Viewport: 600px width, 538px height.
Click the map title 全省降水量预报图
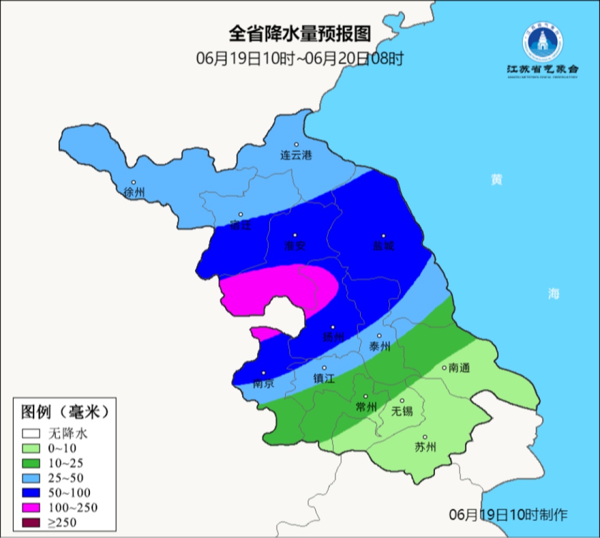[x=299, y=34]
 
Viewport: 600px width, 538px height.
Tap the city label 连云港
[x=296, y=155]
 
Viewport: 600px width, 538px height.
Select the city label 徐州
[x=134, y=193]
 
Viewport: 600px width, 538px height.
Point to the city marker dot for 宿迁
[x=241, y=214]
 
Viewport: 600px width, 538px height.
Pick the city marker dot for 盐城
[x=383, y=235]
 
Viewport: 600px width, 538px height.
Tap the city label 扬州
[x=333, y=337]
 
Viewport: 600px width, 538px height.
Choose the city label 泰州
[x=380, y=346]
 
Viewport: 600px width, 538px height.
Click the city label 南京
[x=263, y=384]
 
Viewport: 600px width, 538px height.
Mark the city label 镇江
[x=324, y=378]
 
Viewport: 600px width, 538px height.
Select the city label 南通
[x=459, y=368]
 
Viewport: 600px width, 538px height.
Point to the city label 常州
[x=366, y=407]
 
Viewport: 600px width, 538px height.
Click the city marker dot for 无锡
[x=402, y=400]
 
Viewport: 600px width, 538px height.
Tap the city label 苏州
[x=426, y=448]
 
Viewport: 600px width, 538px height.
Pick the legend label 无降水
[x=68, y=433]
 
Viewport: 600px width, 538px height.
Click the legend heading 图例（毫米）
[x=64, y=412]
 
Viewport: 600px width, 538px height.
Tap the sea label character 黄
[x=496, y=180]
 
